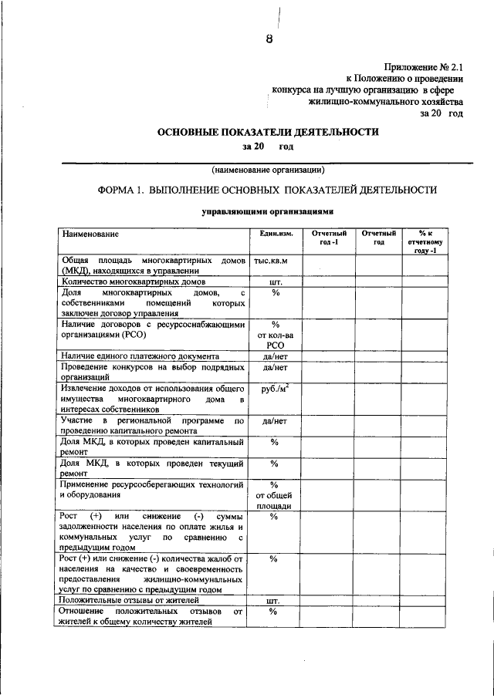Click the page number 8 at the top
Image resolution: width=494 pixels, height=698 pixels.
click(x=269, y=41)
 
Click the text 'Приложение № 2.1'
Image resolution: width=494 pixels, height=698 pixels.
click(x=424, y=67)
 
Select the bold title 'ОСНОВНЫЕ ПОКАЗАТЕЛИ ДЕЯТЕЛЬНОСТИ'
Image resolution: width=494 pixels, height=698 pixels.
click(x=268, y=132)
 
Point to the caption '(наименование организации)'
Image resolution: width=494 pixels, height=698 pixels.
click(x=268, y=170)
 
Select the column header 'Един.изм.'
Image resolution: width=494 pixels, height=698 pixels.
click(x=273, y=233)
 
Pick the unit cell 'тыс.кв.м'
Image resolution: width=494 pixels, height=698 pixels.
click(x=274, y=261)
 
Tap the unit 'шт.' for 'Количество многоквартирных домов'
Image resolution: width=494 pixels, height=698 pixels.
click(x=274, y=282)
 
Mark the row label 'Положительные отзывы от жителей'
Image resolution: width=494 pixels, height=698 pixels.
click(x=130, y=599)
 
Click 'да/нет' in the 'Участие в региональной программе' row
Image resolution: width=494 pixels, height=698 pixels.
click(x=274, y=421)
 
